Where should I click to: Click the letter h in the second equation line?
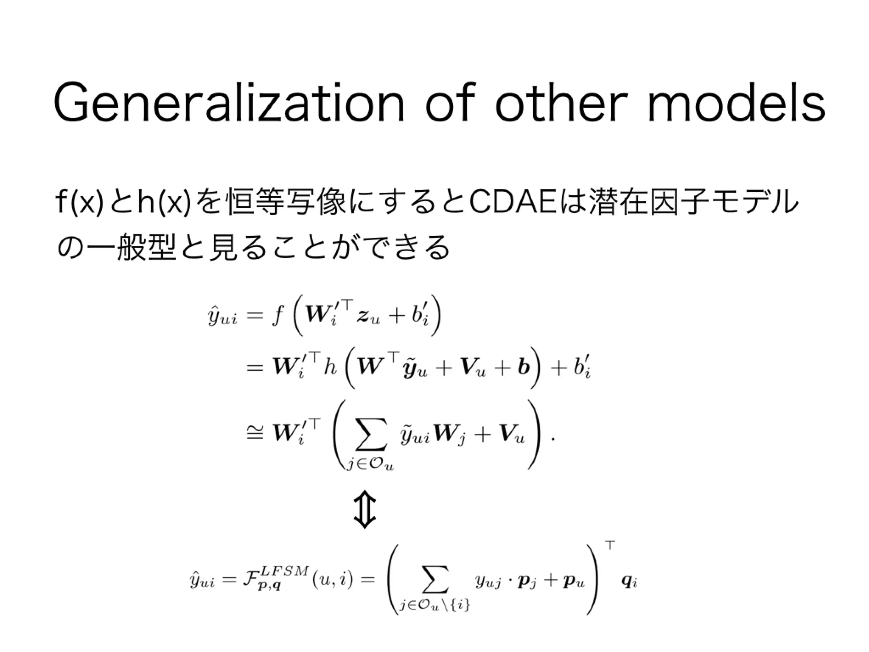[x=330, y=368]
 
